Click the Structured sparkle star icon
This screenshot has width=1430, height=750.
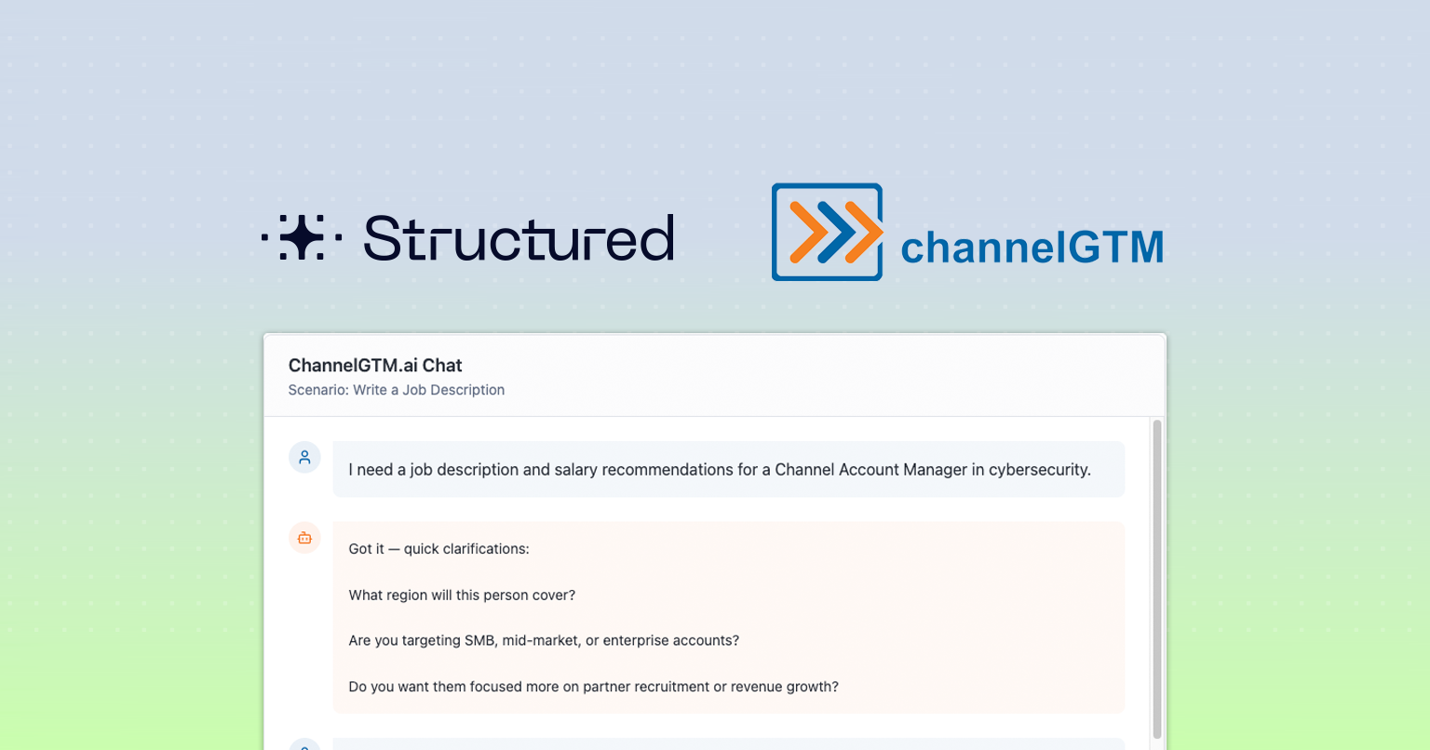302,237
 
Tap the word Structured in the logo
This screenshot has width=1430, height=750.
519,237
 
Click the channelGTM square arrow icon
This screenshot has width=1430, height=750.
828,232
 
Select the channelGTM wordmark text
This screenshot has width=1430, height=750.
1032,247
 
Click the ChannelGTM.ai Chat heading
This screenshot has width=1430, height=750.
375,365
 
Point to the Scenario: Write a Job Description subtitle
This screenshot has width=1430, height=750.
396,389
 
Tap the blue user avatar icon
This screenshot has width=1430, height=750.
304,457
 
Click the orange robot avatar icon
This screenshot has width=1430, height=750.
304,538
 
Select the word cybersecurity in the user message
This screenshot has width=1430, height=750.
1040,470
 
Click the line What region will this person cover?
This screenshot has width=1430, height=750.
462,595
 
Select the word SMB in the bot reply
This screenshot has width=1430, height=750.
480,640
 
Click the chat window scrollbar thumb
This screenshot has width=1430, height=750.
1157,579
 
